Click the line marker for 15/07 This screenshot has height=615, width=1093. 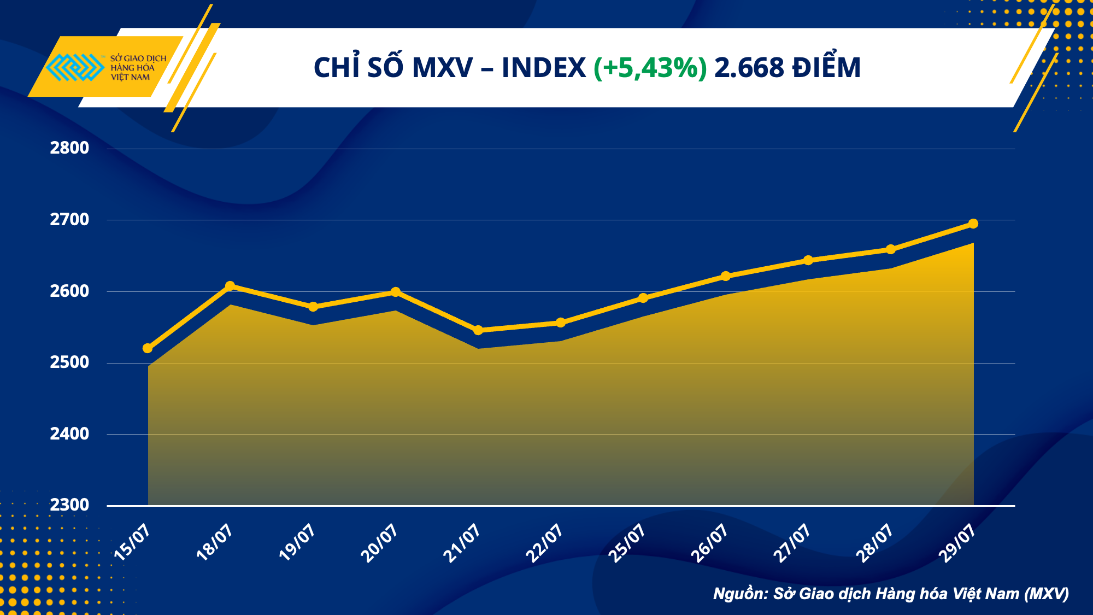click(148, 348)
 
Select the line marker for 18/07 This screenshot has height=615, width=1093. click(230, 286)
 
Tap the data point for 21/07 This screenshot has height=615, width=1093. click(478, 330)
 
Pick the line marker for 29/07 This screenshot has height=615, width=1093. click(973, 224)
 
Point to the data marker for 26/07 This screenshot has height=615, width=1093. click(726, 276)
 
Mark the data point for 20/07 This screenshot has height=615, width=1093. click(396, 292)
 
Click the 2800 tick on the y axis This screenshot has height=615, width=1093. click(69, 148)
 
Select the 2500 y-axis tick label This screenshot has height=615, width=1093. click(69, 362)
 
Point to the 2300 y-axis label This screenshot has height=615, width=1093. click(69, 505)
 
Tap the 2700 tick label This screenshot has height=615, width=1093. click(69, 220)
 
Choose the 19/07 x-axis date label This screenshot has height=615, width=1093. click(297, 542)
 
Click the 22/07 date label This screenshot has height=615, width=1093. click(544, 542)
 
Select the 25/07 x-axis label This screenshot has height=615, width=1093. click(627, 542)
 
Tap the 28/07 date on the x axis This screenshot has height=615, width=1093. click(874, 542)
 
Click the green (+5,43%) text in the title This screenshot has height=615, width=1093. click(650, 68)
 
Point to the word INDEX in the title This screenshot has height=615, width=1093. click(543, 68)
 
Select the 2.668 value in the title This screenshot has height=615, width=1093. click(749, 68)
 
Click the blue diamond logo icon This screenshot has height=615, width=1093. click(75, 67)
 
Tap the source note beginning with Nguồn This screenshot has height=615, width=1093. click(891, 594)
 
